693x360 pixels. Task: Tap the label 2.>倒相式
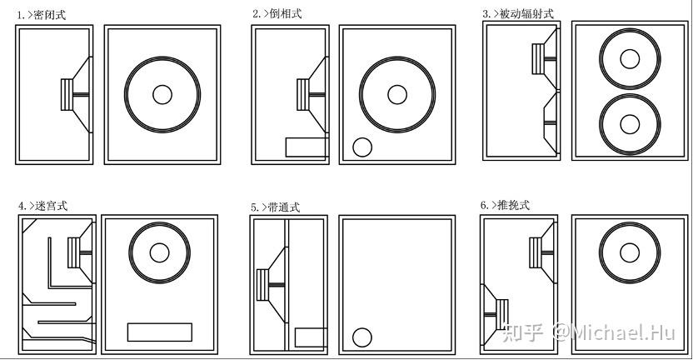tap(277, 14)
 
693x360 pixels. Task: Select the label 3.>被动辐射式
tap(517, 13)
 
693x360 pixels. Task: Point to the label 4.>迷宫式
tap(44, 205)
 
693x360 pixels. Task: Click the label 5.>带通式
tap(276, 206)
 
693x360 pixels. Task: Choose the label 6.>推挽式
tap(505, 205)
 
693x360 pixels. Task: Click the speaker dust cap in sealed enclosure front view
tap(162, 93)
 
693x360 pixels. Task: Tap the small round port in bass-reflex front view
tap(362, 147)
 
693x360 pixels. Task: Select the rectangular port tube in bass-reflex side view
tap(306, 147)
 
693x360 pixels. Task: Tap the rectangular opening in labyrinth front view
tap(159, 331)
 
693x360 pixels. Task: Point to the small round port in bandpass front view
tap(361, 337)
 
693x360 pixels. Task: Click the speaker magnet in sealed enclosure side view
tap(66, 93)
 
